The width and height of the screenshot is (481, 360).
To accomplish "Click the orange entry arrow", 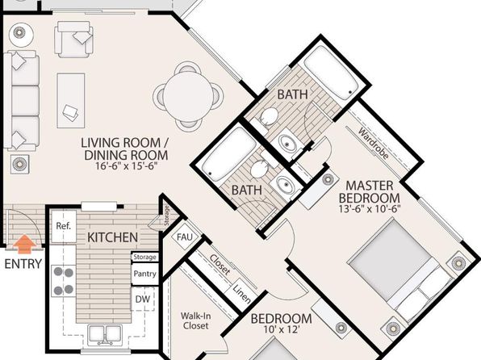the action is (x=24, y=245).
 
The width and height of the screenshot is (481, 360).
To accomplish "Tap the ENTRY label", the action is (x=23, y=264).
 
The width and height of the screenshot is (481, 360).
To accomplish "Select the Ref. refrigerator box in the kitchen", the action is (x=64, y=227).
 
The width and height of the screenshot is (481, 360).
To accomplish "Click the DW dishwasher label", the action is (x=143, y=299).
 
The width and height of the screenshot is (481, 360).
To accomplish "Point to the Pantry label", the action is (x=144, y=274).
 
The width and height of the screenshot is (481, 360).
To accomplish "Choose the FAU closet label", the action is (x=185, y=237).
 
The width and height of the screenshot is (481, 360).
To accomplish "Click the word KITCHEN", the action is (x=112, y=237).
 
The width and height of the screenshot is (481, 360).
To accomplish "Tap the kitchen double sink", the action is (x=105, y=335).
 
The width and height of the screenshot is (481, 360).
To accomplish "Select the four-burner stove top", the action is (x=64, y=281).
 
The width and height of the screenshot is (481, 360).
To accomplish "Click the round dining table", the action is (x=188, y=97).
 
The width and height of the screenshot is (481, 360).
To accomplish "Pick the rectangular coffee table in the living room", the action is (x=71, y=101).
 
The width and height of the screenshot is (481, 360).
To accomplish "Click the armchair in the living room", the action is (x=74, y=39).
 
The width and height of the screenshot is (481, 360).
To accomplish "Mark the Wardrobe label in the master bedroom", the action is (x=374, y=144).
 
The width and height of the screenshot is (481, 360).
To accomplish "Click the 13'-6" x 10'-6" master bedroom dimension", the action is (x=370, y=209).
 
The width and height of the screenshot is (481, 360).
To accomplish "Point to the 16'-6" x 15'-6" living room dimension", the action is (x=127, y=165).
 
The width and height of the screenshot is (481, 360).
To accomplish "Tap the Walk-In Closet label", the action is (x=195, y=320).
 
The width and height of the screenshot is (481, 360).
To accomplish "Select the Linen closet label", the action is (x=242, y=293).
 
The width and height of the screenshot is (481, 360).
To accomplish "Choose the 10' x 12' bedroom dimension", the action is (x=281, y=330).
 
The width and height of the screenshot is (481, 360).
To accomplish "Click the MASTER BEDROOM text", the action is (x=370, y=192).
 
